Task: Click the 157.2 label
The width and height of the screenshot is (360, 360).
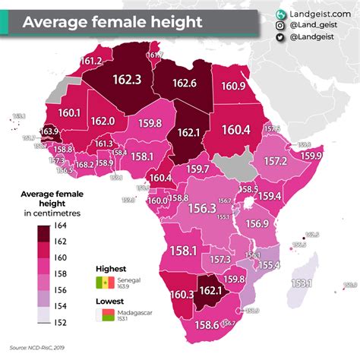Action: click(x=274, y=162)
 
